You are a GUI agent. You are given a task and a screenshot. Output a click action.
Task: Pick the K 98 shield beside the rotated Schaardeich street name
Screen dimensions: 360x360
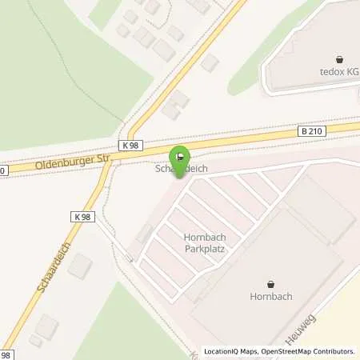pyautogui.click(x=82, y=216)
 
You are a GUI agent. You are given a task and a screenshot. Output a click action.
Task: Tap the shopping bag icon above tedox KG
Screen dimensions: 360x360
pyautogui.click(x=341, y=58)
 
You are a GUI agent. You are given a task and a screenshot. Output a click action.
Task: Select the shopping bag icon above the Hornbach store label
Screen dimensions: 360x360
pyautogui.click(x=270, y=283)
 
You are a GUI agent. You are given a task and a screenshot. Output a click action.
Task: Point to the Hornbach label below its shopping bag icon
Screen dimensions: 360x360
pyautogui.click(x=270, y=297)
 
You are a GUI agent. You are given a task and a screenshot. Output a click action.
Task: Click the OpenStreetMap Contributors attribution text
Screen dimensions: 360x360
pyautogui.click(x=306, y=351)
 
